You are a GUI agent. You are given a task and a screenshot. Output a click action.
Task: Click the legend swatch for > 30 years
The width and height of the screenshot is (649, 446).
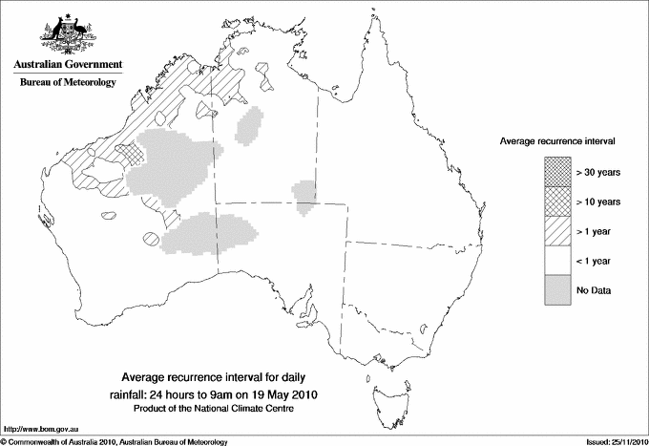pos(557,172)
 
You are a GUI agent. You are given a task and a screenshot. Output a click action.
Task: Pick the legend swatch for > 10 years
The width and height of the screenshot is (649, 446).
pos(557,202)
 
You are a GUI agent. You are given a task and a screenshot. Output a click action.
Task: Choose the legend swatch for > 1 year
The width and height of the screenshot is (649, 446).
pos(557,231)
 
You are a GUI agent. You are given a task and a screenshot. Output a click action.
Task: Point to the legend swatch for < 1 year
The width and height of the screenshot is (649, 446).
pos(557,261)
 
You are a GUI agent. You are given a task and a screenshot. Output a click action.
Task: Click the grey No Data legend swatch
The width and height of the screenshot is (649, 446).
pos(557,290)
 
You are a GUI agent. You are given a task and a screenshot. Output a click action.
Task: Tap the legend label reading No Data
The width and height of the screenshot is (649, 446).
pos(593,290)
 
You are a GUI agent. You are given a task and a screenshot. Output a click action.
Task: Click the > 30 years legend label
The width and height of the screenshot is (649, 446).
pos(598,172)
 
